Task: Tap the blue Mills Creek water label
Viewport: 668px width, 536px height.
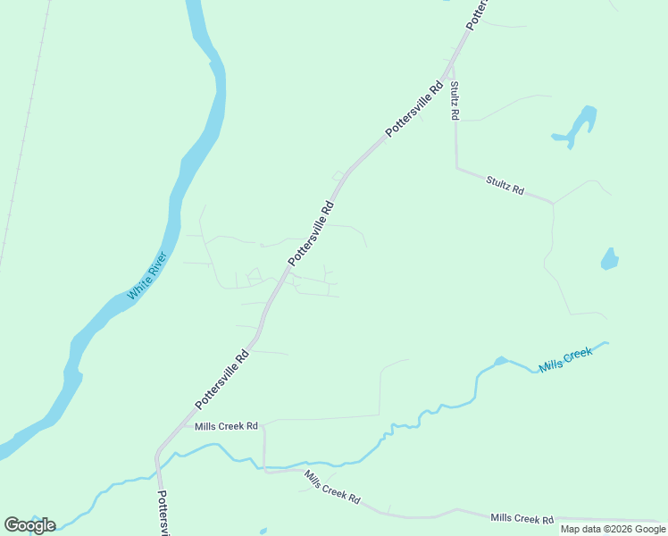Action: coord(566,360)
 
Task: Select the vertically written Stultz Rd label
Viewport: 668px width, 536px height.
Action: coord(455,101)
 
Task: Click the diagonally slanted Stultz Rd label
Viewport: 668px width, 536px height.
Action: coord(505,185)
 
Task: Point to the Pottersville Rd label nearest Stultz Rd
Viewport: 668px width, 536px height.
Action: coord(415,110)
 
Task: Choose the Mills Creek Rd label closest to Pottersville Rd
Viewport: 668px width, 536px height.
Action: coord(226,426)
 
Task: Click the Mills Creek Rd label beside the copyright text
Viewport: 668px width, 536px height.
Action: coord(522,518)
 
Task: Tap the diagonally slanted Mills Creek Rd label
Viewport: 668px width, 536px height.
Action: coord(331,487)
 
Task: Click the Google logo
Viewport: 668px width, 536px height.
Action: coord(29,525)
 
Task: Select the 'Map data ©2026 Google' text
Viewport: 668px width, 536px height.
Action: coord(613,529)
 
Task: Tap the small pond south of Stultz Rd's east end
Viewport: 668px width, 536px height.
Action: coord(610,259)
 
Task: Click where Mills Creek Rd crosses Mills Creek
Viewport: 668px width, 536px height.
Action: coord(263,465)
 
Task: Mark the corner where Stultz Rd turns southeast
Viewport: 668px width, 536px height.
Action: coord(457,167)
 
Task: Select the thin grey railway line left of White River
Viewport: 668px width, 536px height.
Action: coord(22,134)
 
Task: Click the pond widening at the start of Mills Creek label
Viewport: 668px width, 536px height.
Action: coord(501,361)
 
